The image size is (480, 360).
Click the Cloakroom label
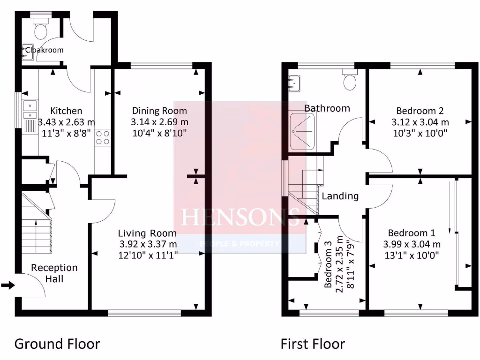[44, 50]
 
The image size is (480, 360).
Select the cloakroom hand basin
[26, 52]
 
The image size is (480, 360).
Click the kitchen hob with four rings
[103, 137]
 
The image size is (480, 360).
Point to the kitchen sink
[30, 110]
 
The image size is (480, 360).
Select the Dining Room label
[159, 111]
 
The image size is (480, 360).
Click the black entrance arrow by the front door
[8, 285]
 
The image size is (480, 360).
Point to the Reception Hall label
[54, 273]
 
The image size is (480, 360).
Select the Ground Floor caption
[57, 344]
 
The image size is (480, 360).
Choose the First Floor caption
[313, 344]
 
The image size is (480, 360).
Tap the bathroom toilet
[350, 81]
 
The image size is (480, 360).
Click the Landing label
[340, 196]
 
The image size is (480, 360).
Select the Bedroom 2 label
[420, 111]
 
